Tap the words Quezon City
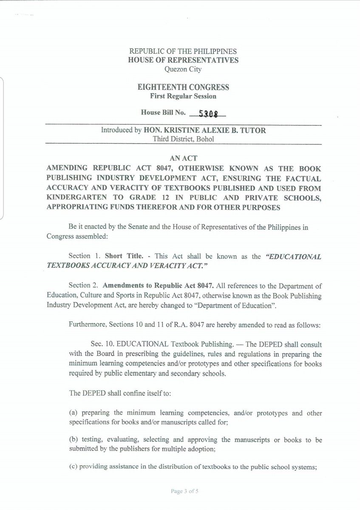point(184,68)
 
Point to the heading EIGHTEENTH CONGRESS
point(184,88)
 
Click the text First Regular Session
point(184,96)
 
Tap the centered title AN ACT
point(184,156)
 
